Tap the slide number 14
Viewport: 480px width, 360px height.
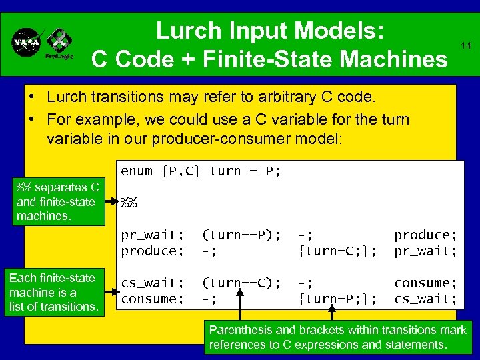pos(465,45)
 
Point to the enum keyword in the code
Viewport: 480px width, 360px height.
pos(137,171)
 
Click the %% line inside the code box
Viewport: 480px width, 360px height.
pos(128,203)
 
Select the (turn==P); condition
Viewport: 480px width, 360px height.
pos(241,235)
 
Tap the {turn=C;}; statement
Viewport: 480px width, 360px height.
pos(337,251)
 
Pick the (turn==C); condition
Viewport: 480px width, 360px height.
pos(241,283)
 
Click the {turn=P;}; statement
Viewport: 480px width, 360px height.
pos(337,299)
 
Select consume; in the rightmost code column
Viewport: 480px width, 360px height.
pos(426,283)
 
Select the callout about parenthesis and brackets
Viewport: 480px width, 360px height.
pos(337,337)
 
